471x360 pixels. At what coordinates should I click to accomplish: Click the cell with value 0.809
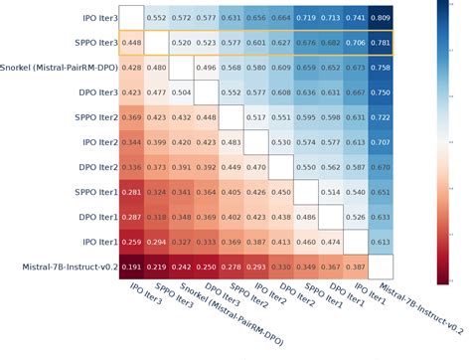pos(380,18)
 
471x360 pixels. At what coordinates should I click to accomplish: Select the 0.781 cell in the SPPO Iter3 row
pos(380,43)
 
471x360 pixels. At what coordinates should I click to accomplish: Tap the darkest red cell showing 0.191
pos(131,267)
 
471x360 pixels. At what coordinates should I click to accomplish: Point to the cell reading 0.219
pos(156,267)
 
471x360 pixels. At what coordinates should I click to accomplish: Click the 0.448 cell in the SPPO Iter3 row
pos(131,43)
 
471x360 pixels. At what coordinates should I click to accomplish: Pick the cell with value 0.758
pos(380,68)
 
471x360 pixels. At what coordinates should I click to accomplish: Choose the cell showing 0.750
pos(380,92)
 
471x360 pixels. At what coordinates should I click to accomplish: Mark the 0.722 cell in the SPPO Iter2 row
pos(380,117)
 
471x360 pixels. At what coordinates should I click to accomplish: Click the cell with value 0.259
pos(131,242)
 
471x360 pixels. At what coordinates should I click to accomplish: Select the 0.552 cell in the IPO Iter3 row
pos(156,18)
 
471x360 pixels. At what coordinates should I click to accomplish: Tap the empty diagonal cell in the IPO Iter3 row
pos(131,18)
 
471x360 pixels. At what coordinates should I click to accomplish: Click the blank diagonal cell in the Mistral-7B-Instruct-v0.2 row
pos(380,267)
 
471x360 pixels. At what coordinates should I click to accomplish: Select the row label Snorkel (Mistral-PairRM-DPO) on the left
pos(60,68)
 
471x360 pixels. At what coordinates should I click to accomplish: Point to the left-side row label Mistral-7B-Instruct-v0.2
pos(63,267)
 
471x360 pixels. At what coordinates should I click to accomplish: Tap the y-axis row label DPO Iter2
pos(95,167)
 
